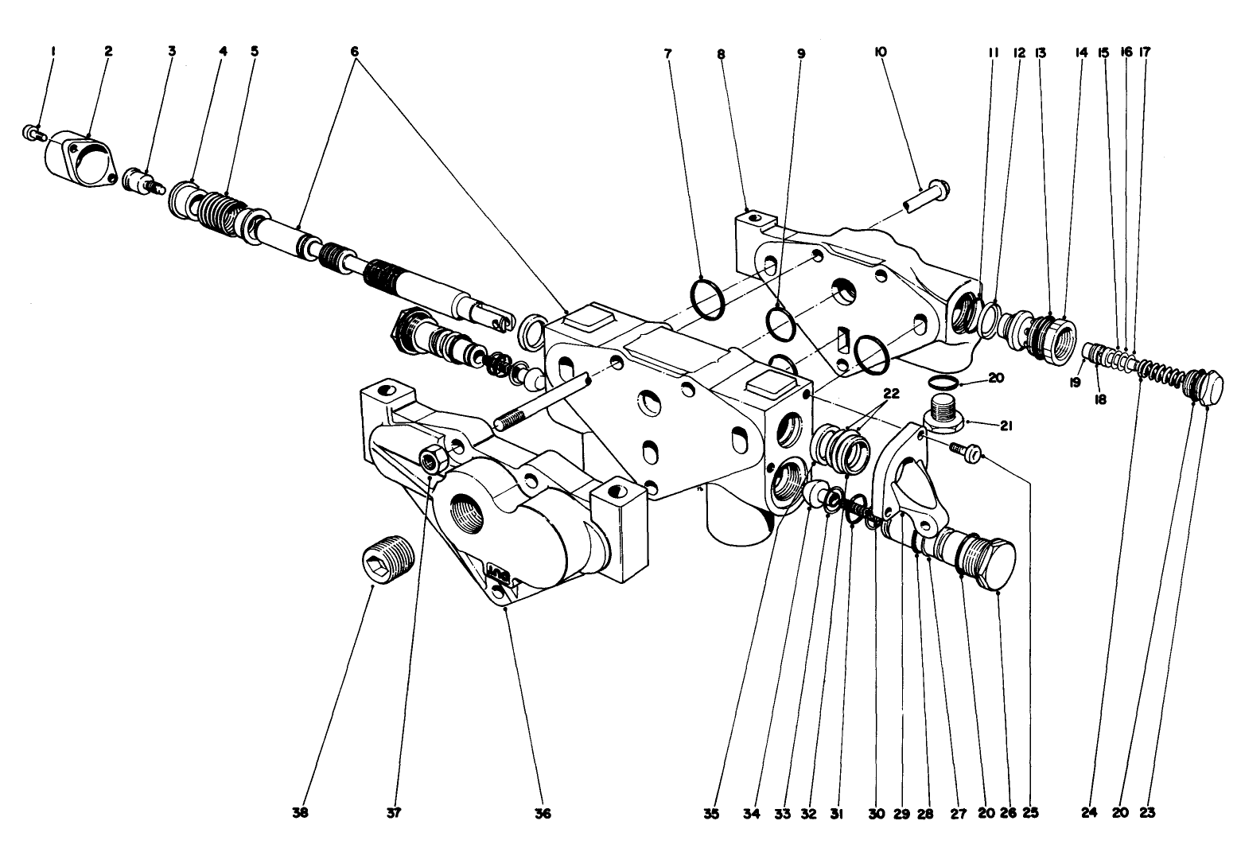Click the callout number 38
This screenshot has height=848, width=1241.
(300, 813)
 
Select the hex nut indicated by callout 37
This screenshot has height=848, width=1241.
(434, 459)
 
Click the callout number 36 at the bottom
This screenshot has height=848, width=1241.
(543, 813)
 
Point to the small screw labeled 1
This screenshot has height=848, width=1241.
(33, 132)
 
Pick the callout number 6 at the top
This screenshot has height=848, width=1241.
(354, 52)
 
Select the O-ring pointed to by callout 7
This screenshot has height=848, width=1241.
(706, 300)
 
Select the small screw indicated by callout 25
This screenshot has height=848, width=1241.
(966, 451)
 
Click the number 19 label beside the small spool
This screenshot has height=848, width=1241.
(1075, 383)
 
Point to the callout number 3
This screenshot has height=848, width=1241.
(171, 52)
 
